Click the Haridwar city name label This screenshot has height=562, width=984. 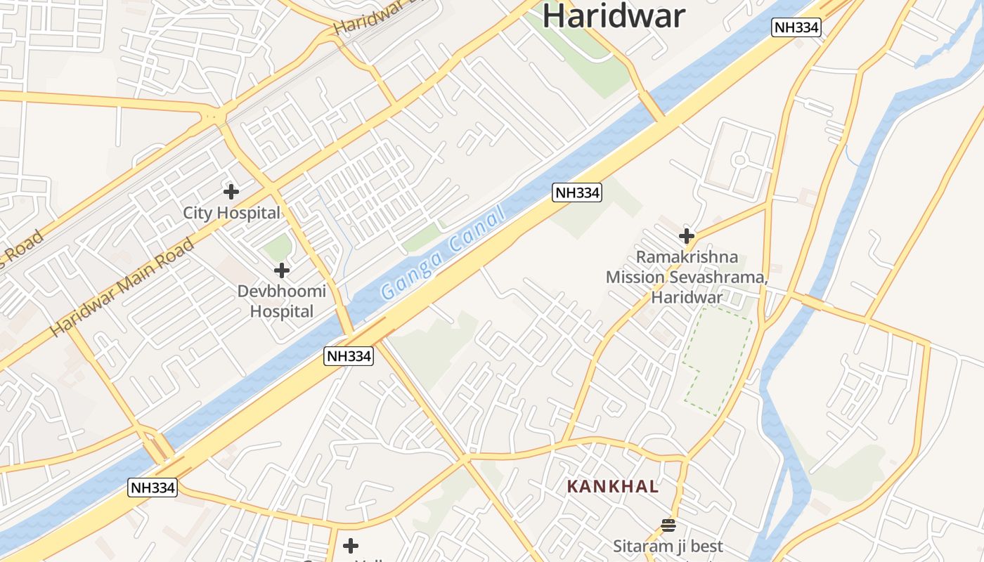613,15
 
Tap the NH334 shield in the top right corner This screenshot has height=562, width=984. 796,27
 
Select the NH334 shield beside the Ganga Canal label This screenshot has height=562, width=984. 576,192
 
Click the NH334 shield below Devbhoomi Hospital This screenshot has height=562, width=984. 349,356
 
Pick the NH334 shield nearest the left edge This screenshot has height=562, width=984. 152,487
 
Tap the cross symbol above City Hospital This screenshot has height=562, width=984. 231,191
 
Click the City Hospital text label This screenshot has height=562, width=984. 231,213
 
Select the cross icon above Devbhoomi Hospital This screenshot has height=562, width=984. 282,270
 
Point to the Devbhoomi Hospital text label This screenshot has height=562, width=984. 282,301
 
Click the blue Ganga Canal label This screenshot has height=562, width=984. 443,253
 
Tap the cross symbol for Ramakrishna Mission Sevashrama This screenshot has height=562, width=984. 687,236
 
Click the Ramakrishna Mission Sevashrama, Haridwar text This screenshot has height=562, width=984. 687,277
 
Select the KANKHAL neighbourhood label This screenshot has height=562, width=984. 613,486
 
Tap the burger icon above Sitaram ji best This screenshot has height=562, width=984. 668,525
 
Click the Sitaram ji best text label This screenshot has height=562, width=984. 668,547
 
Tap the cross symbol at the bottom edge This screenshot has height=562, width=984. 351,545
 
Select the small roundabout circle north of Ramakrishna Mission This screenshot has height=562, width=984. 739,160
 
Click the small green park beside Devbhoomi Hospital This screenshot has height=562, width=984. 278,248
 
